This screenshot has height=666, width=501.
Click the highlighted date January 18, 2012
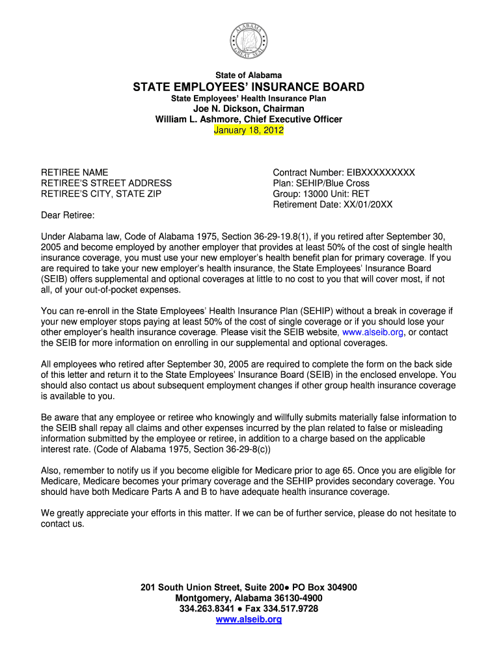(x=249, y=130)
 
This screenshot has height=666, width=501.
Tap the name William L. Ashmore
(x=198, y=120)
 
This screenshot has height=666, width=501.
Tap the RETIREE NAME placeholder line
(x=75, y=172)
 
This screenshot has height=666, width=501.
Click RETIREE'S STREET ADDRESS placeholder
(x=106, y=183)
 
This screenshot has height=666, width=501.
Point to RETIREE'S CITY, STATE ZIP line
(x=101, y=194)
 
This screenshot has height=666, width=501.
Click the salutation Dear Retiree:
(x=68, y=215)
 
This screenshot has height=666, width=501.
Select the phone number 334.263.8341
(x=206, y=609)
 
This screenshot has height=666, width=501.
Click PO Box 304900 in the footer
(x=320, y=587)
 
